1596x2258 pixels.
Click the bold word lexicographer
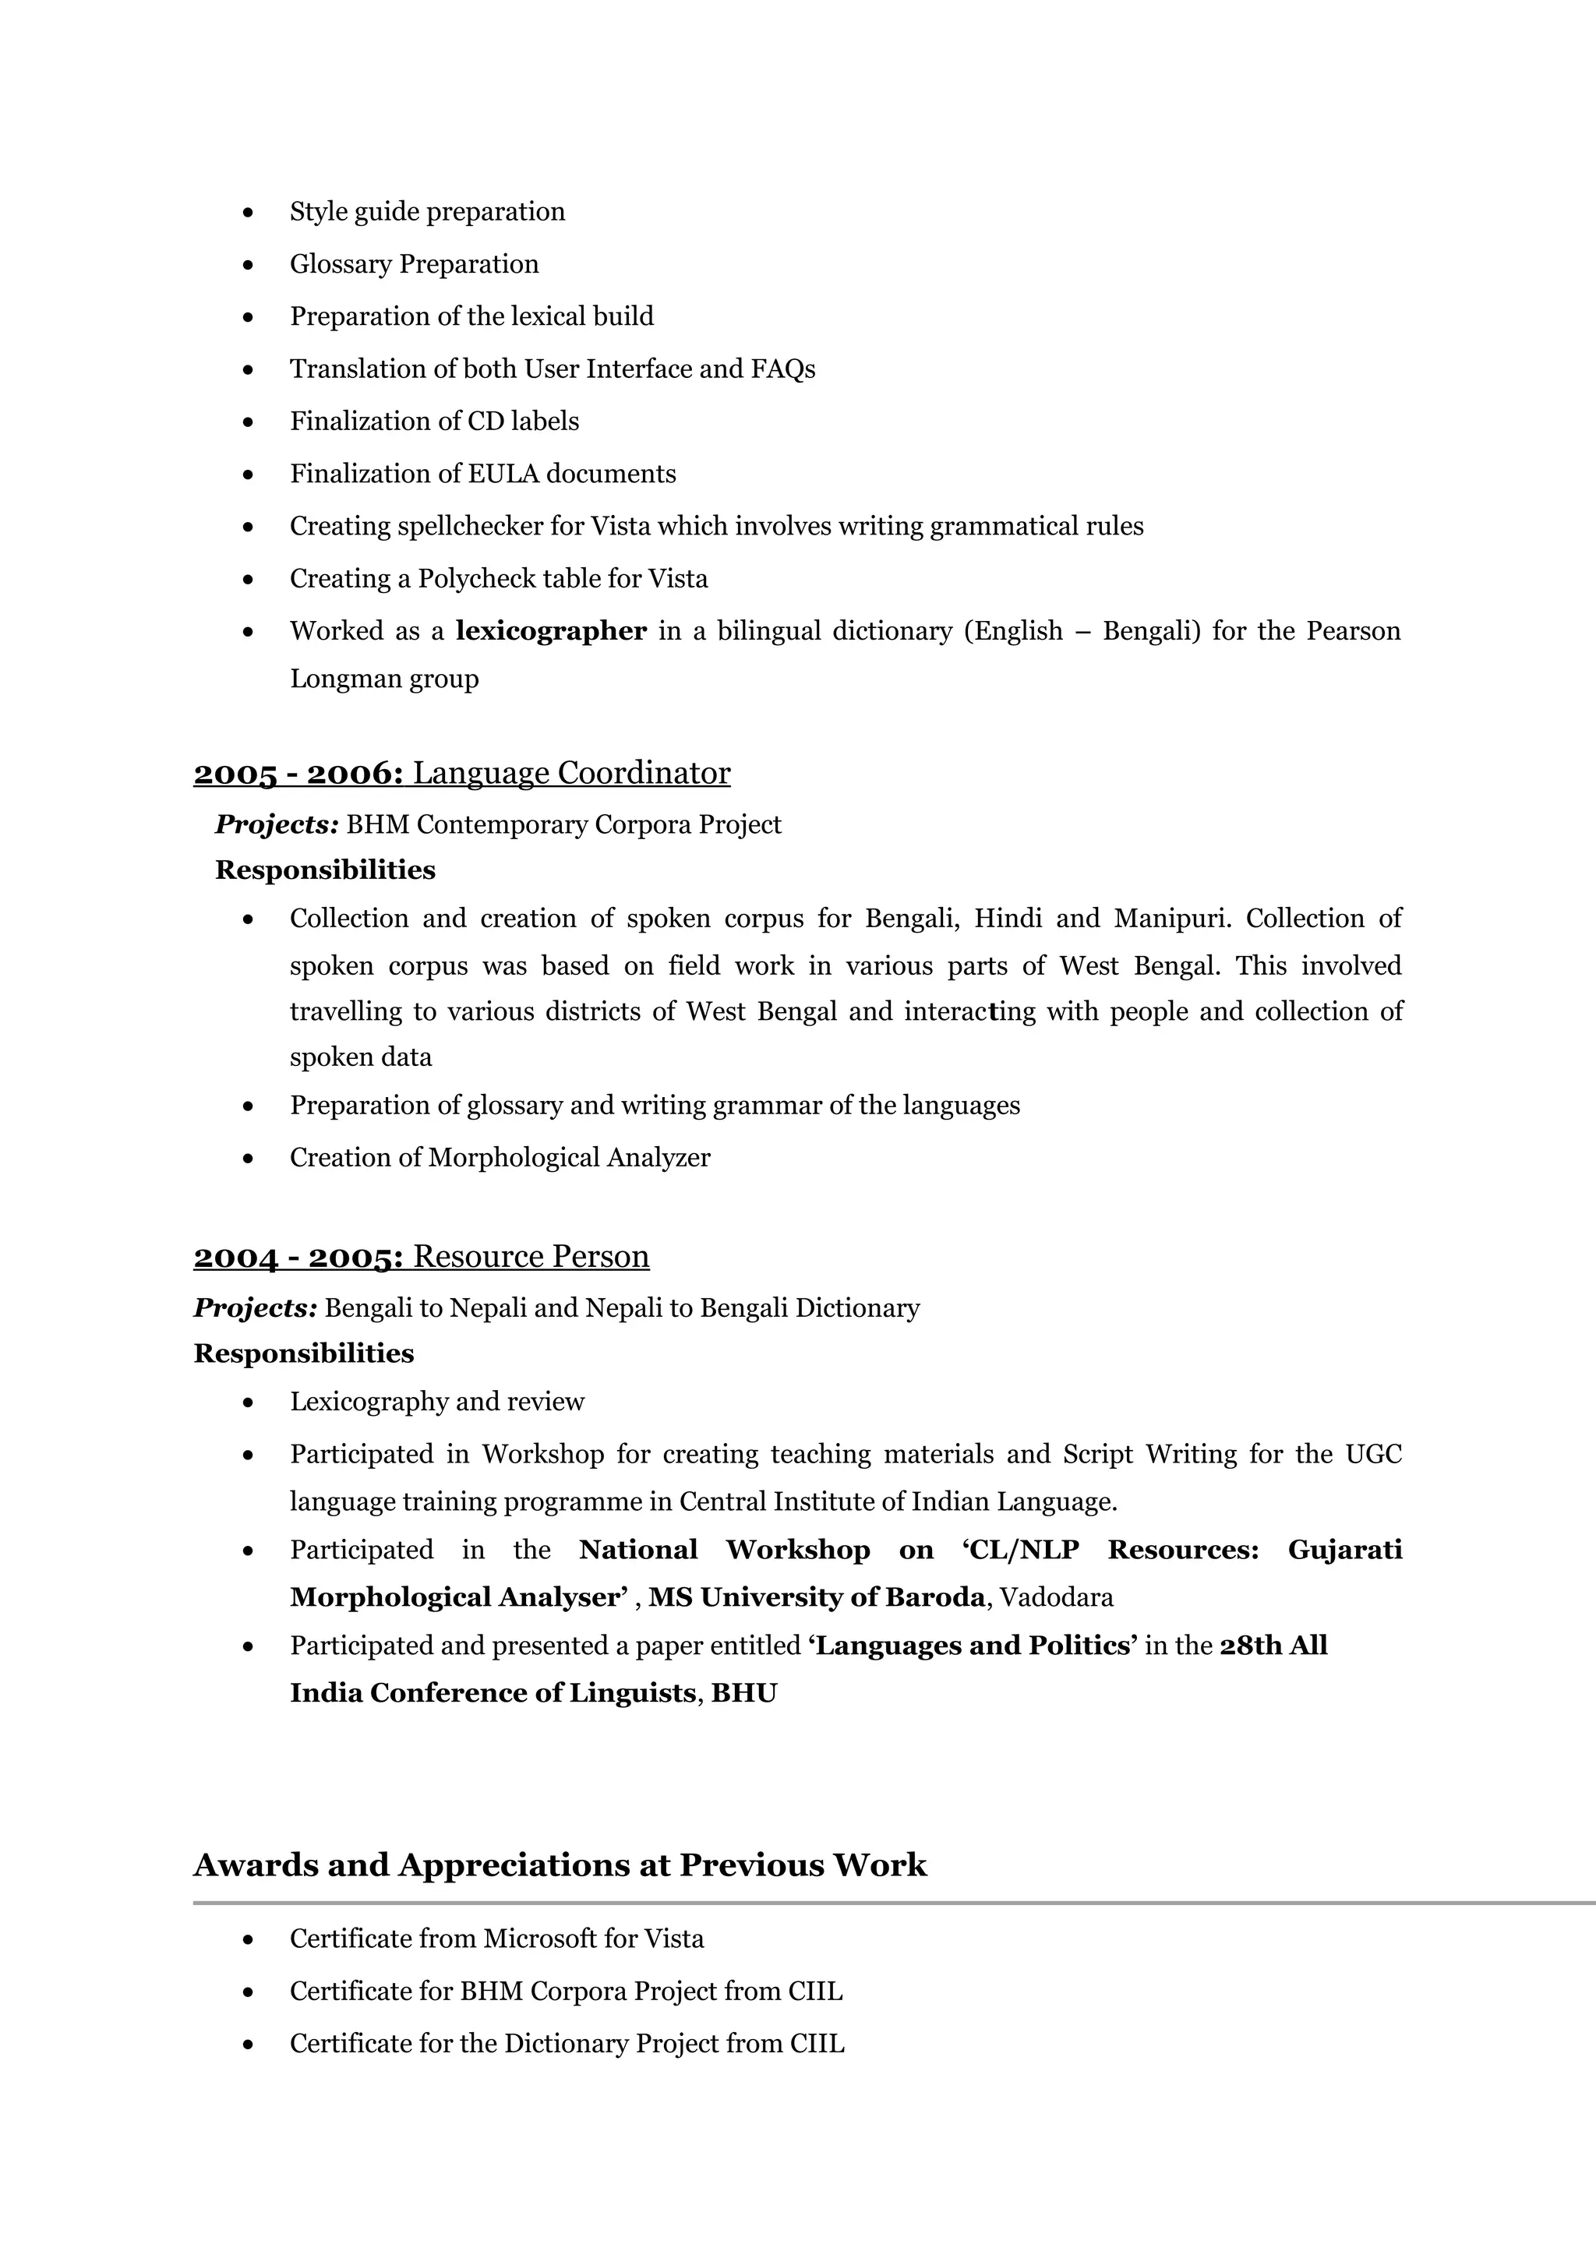click(x=551, y=631)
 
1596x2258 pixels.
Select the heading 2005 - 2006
click(x=298, y=773)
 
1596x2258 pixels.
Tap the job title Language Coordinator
click(x=571, y=773)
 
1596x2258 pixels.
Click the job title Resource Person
click(x=531, y=1257)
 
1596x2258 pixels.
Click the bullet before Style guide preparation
click(x=248, y=213)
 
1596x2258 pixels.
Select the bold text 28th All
click(x=1273, y=1646)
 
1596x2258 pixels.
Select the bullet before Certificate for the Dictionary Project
click(x=248, y=2044)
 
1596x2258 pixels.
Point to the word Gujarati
click(x=1344, y=1550)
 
